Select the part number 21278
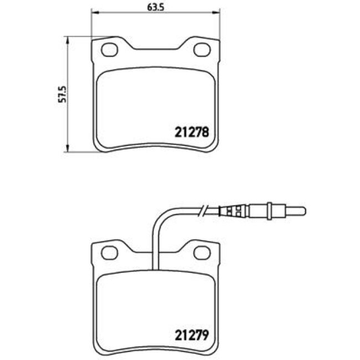coord(192,133)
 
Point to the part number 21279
coord(192,335)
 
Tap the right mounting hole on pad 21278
coord(200,50)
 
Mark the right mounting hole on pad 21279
coord(200,253)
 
